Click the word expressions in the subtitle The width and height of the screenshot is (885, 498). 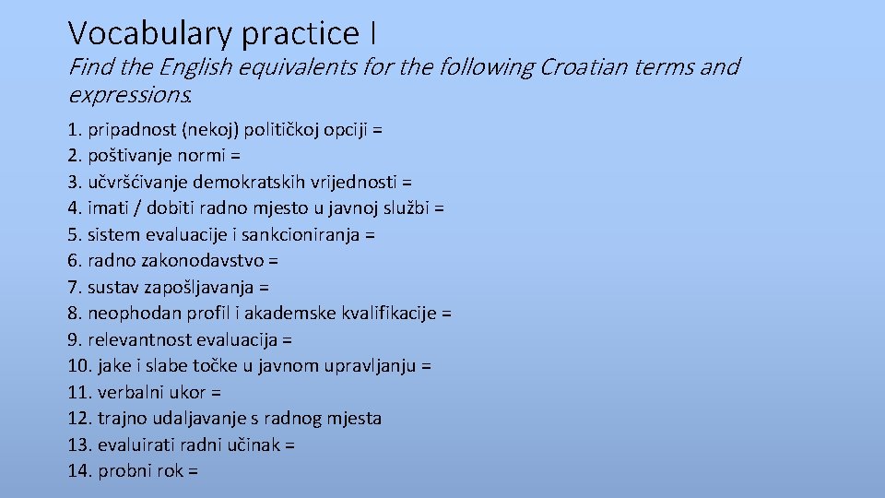click(128, 95)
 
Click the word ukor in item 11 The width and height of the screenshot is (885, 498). click(188, 393)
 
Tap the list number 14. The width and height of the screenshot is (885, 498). click(79, 471)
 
